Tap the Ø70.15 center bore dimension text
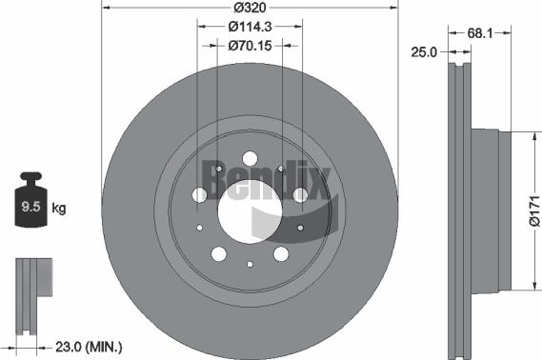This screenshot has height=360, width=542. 250,45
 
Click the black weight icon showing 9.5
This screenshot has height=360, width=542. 33,202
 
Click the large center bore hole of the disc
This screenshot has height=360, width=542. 250,210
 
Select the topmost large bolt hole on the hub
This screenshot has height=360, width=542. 250,157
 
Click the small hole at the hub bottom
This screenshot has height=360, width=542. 250,264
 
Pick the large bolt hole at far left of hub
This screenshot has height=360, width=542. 198,194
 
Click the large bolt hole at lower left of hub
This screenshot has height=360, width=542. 218,252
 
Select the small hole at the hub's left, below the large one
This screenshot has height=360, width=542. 199,228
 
